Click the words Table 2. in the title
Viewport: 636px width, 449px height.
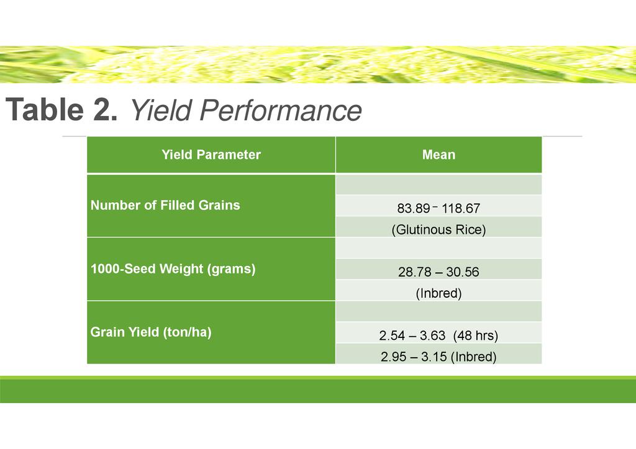(x=61, y=109)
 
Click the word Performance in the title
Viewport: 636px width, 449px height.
(x=280, y=110)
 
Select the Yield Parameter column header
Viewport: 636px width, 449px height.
(x=211, y=154)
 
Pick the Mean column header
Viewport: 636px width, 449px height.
(x=438, y=154)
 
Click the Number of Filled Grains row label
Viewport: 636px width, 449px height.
(x=165, y=205)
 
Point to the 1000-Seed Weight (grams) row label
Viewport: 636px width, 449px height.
(x=173, y=269)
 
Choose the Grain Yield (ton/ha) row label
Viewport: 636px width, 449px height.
(x=151, y=332)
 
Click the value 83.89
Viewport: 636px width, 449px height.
(x=413, y=208)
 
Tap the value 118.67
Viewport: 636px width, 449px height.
(x=461, y=208)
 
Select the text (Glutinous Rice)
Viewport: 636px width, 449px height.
(x=438, y=229)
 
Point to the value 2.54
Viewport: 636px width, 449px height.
(x=393, y=336)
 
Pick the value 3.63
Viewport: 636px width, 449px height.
(x=432, y=336)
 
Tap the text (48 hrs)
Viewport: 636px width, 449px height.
(x=475, y=336)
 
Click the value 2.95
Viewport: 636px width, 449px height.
(x=393, y=357)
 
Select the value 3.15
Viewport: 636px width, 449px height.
(x=434, y=357)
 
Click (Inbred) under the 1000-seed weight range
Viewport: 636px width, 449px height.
(x=438, y=293)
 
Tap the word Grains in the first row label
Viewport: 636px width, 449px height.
(x=219, y=205)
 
